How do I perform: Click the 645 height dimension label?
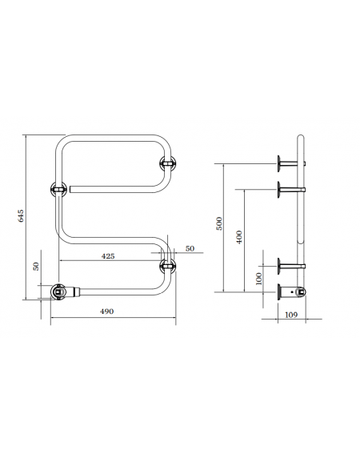coord(21,215)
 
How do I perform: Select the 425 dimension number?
coord(108,256)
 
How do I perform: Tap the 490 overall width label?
coord(106,311)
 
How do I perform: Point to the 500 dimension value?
coord(220,223)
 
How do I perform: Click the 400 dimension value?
coord(239,237)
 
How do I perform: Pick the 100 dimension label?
coord(258,279)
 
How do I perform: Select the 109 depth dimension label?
coord(291,315)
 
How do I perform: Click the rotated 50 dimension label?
coord(36,266)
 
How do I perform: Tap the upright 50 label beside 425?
coord(190,248)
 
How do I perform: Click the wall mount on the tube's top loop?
coord(168,163)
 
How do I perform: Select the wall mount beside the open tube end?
coord(58,189)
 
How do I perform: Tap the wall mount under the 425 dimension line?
coord(168,266)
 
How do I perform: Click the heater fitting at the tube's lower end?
coord(59,291)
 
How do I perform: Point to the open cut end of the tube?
coord(70,189)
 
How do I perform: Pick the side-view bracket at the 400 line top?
coord(291,190)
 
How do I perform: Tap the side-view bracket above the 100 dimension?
coord(291,266)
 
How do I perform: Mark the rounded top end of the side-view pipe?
coord(301,137)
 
